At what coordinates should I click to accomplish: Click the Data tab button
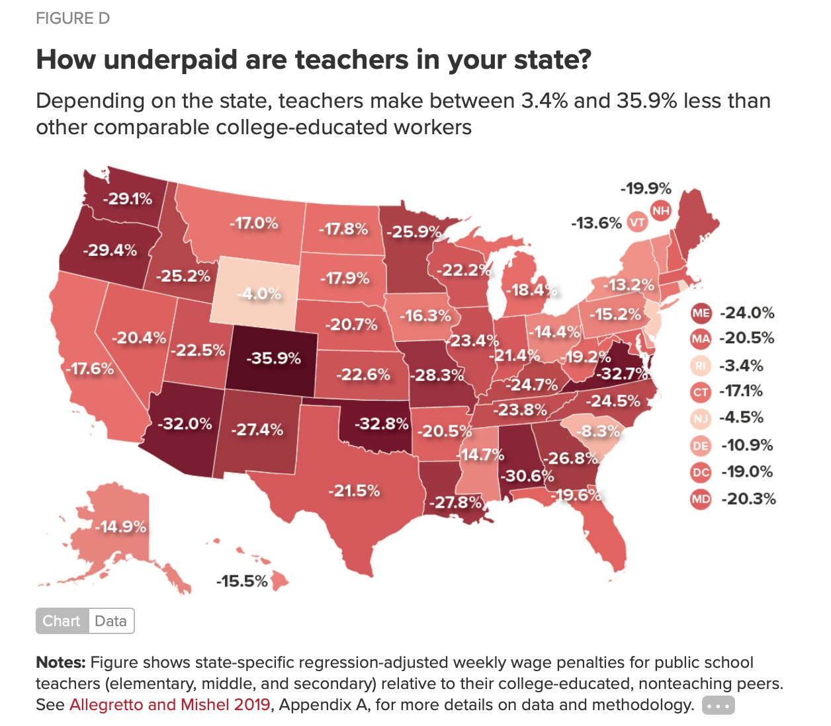[x=110, y=621]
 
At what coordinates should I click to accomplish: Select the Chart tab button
[x=62, y=621]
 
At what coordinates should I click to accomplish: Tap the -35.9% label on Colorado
[x=273, y=358]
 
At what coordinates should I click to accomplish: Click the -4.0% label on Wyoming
[x=259, y=294]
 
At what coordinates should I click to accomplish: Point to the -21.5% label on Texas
[x=354, y=491]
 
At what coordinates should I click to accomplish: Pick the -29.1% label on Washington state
[x=127, y=198]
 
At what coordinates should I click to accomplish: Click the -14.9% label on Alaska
[x=120, y=526]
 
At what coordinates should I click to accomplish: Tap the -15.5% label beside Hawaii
[x=241, y=581]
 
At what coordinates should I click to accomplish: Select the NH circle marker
[x=660, y=211]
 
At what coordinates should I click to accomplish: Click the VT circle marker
[x=636, y=222]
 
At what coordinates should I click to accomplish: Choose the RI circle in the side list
[x=700, y=366]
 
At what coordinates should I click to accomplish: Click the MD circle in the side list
[x=700, y=499]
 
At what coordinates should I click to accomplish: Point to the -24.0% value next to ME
[x=747, y=313]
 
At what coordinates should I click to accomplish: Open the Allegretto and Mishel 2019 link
[x=170, y=705]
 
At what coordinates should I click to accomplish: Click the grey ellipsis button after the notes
[x=718, y=706]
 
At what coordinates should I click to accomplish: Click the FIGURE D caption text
[x=73, y=19]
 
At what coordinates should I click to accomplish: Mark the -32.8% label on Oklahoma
[x=381, y=423]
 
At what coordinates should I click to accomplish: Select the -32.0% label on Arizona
[x=185, y=423]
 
